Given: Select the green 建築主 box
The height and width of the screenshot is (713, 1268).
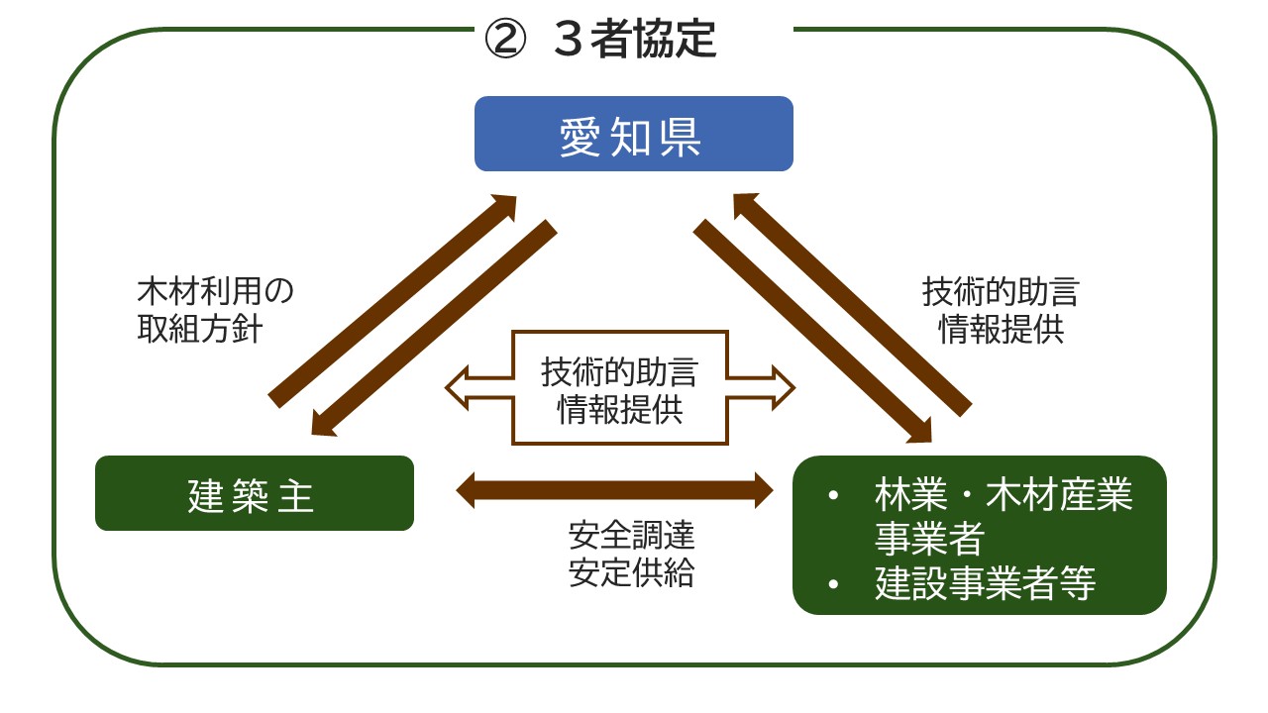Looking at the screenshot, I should tap(254, 493).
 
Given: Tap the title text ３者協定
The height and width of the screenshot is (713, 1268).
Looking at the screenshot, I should tap(634, 42).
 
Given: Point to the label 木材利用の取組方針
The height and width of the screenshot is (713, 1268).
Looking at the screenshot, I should tap(215, 310).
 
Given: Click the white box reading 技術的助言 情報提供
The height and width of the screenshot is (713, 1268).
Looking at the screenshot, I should tap(620, 388).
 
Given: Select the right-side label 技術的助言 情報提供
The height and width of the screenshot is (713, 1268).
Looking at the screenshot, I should tap(1001, 310).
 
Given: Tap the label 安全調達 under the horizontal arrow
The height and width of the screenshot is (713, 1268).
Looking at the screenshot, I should tap(631, 536).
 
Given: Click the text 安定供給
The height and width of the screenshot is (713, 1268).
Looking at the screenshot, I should tap(631, 573).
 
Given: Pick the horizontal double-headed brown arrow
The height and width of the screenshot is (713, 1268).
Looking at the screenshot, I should tap(614, 487).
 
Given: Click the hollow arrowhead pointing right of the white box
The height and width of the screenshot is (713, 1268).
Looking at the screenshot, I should tap(779, 387).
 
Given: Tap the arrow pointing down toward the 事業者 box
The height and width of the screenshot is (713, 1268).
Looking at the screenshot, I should tap(812, 332).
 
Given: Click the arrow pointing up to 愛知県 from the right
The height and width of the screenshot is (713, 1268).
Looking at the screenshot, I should tap(852, 302).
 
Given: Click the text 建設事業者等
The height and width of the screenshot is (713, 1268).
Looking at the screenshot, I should tap(986, 583).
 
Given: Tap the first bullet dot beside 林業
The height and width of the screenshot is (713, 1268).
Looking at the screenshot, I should tap(832, 495).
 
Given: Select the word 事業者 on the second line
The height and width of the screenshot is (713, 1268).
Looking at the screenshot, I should tap(928, 539).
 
